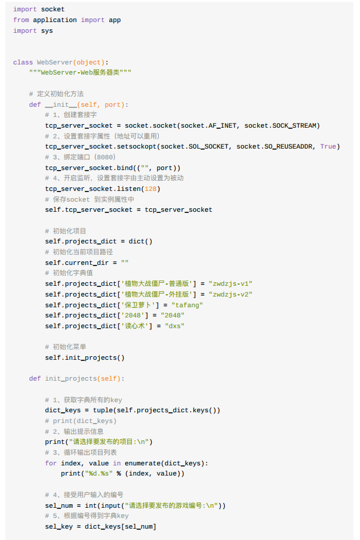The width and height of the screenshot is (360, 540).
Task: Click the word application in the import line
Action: [x=54, y=20]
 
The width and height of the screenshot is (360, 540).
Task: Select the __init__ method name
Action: [x=61, y=104]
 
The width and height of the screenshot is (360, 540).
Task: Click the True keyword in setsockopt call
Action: [x=328, y=146]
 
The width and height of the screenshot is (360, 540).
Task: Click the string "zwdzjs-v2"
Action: [x=230, y=294]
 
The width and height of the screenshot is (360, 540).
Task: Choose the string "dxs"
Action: [x=175, y=326]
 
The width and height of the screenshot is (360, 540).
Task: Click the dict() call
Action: [x=140, y=241]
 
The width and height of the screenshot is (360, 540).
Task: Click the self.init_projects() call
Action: [x=85, y=357]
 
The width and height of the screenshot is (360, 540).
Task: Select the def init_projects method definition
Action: [x=76, y=378]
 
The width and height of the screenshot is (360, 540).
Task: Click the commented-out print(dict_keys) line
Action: [x=81, y=421]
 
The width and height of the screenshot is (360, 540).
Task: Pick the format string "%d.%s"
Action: [x=99, y=473]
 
